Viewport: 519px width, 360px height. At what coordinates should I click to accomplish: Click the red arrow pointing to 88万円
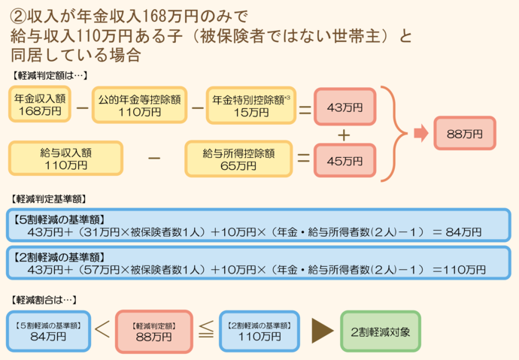click(420, 134)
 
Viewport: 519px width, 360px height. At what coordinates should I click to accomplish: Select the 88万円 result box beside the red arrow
click(463, 134)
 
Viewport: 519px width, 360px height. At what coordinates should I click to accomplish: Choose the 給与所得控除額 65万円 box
click(238, 158)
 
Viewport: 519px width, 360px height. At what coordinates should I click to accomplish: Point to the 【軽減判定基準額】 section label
click(49, 200)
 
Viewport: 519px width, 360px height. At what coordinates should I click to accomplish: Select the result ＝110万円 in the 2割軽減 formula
click(459, 268)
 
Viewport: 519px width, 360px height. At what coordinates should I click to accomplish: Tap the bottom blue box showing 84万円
click(49, 331)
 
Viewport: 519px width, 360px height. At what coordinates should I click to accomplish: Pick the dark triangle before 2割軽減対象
click(321, 331)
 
